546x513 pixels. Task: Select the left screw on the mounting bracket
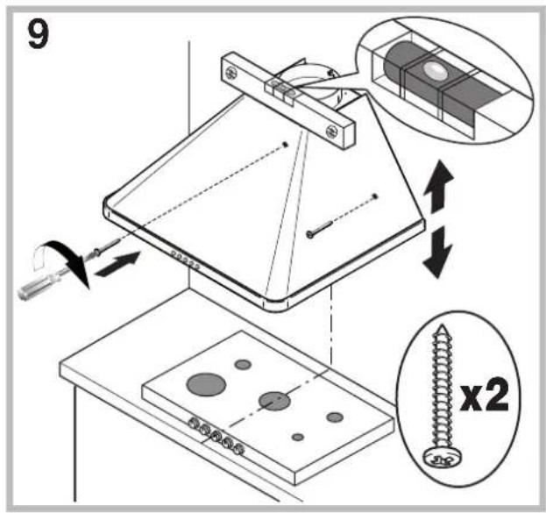pyautogui.click(x=230, y=68)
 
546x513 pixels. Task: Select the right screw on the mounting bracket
pyautogui.click(x=330, y=132)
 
